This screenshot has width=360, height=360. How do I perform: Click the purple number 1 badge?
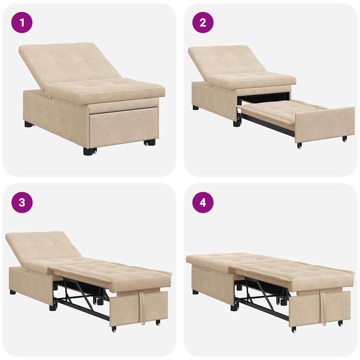pyautogui.click(x=22, y=22)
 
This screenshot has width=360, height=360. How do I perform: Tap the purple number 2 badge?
pyautogui.click(x=203, y=22)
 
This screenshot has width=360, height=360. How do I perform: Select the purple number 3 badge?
pyautogui.click(x=22, y=202)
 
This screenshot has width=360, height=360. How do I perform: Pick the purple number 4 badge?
pyautogui.click(x=203, y=202)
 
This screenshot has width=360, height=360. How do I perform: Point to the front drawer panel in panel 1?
pyautogui.click(x=123, y=127)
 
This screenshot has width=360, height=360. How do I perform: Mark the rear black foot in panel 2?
pyautogui.click(x=195, y=108)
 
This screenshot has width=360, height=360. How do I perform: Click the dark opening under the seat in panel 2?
pyautogui.click(x=264, y=98)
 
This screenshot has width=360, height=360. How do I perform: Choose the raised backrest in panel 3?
pyautogui.click(x=42, y=246)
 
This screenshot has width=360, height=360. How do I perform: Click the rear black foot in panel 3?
pyautogui.click(x=13, y=292)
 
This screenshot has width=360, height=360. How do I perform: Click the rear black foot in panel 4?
pyautogui.click(x=195, y=292)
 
